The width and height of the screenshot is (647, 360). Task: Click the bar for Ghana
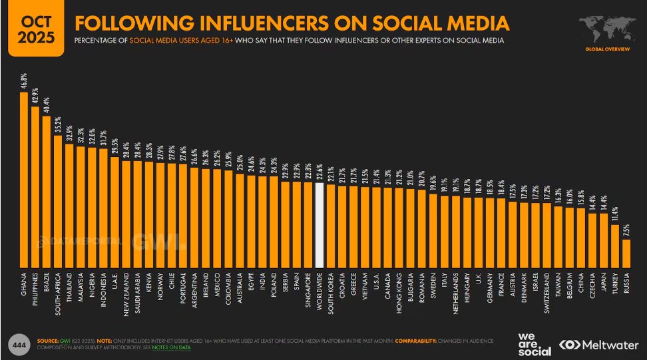click(23, 180)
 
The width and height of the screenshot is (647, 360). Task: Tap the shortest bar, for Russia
click(626, 253)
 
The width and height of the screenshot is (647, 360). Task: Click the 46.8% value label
click(24, 83)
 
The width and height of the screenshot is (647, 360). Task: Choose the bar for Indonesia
click(103, 207)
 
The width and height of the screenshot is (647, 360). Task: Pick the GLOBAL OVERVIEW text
click(606, 49)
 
